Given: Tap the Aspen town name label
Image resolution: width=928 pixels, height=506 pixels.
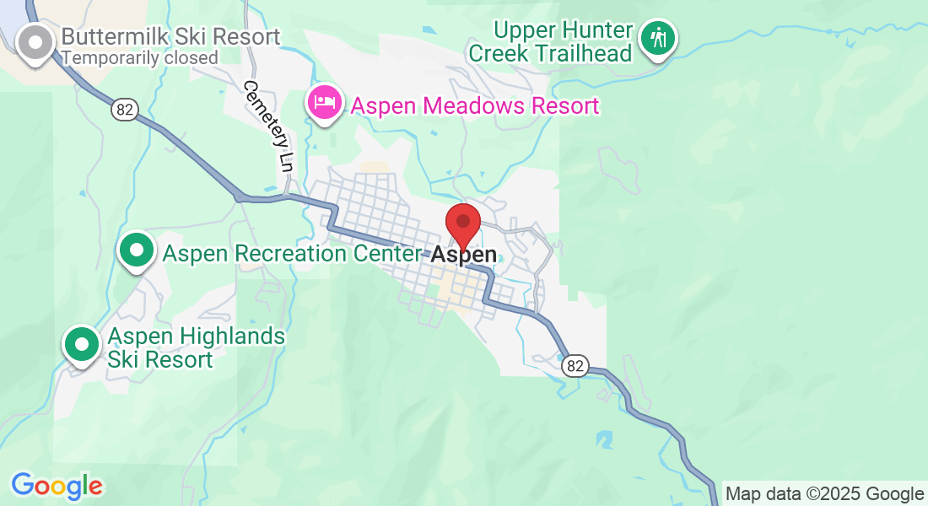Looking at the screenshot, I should [x=464, y=255].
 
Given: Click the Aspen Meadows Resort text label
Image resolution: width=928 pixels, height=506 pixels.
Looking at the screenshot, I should [x=474, y=106].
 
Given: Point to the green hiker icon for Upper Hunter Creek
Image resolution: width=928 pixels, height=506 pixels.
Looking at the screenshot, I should [x=657, y=38].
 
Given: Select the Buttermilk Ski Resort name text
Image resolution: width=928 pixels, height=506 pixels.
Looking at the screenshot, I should [x=170, y=37].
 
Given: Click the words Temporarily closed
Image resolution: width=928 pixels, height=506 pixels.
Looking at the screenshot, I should [x=140, y=58].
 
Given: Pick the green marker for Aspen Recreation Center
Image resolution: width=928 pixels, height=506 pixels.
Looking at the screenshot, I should [x=136, y=250].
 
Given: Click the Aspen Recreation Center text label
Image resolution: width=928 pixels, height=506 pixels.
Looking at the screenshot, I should [x=291, y=254].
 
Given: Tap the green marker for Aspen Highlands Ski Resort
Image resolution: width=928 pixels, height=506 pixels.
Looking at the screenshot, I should [x=81, y=345].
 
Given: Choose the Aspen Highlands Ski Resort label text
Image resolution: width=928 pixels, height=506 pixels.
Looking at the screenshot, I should [x=196, y=348].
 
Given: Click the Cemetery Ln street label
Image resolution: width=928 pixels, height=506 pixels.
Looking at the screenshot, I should [x=268, y=126].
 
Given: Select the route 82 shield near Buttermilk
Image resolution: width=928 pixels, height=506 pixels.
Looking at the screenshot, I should [x=124, y=110].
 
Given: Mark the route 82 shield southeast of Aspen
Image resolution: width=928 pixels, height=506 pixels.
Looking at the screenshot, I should [x=575, y=365].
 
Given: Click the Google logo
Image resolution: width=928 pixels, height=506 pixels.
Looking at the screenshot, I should [x=57, y=486].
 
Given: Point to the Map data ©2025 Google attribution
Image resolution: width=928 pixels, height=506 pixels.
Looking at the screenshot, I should [x=824, y=494].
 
